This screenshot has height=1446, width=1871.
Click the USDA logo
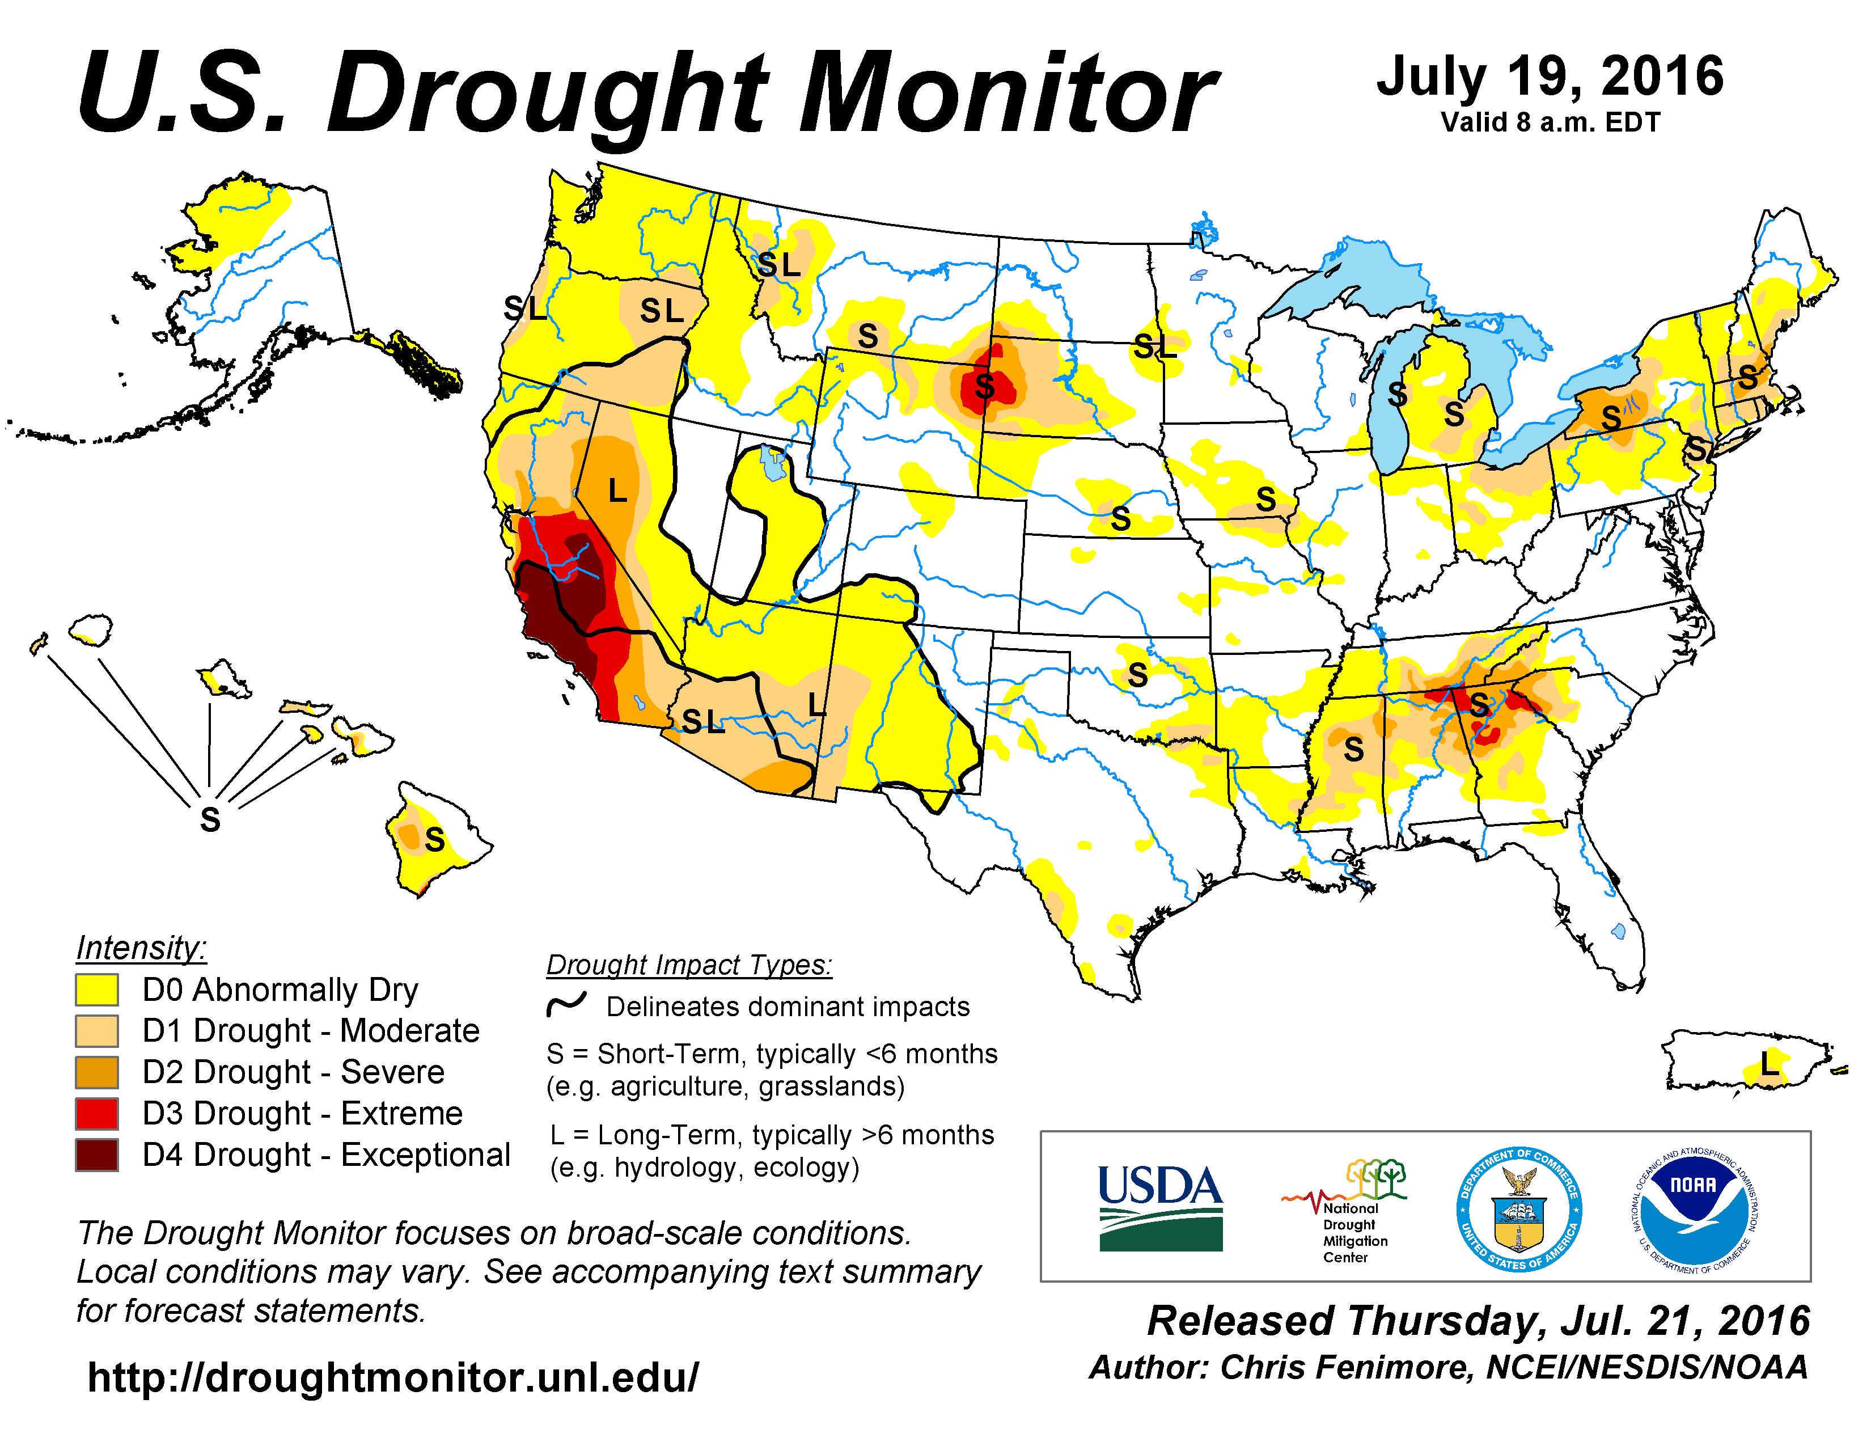point(1160,1207)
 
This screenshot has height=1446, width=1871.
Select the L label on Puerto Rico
point(1769,1065)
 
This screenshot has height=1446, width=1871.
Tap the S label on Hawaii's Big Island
point(434,839)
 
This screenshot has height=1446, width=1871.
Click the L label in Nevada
point(617,491)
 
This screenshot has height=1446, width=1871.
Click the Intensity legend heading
point(141,948)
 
